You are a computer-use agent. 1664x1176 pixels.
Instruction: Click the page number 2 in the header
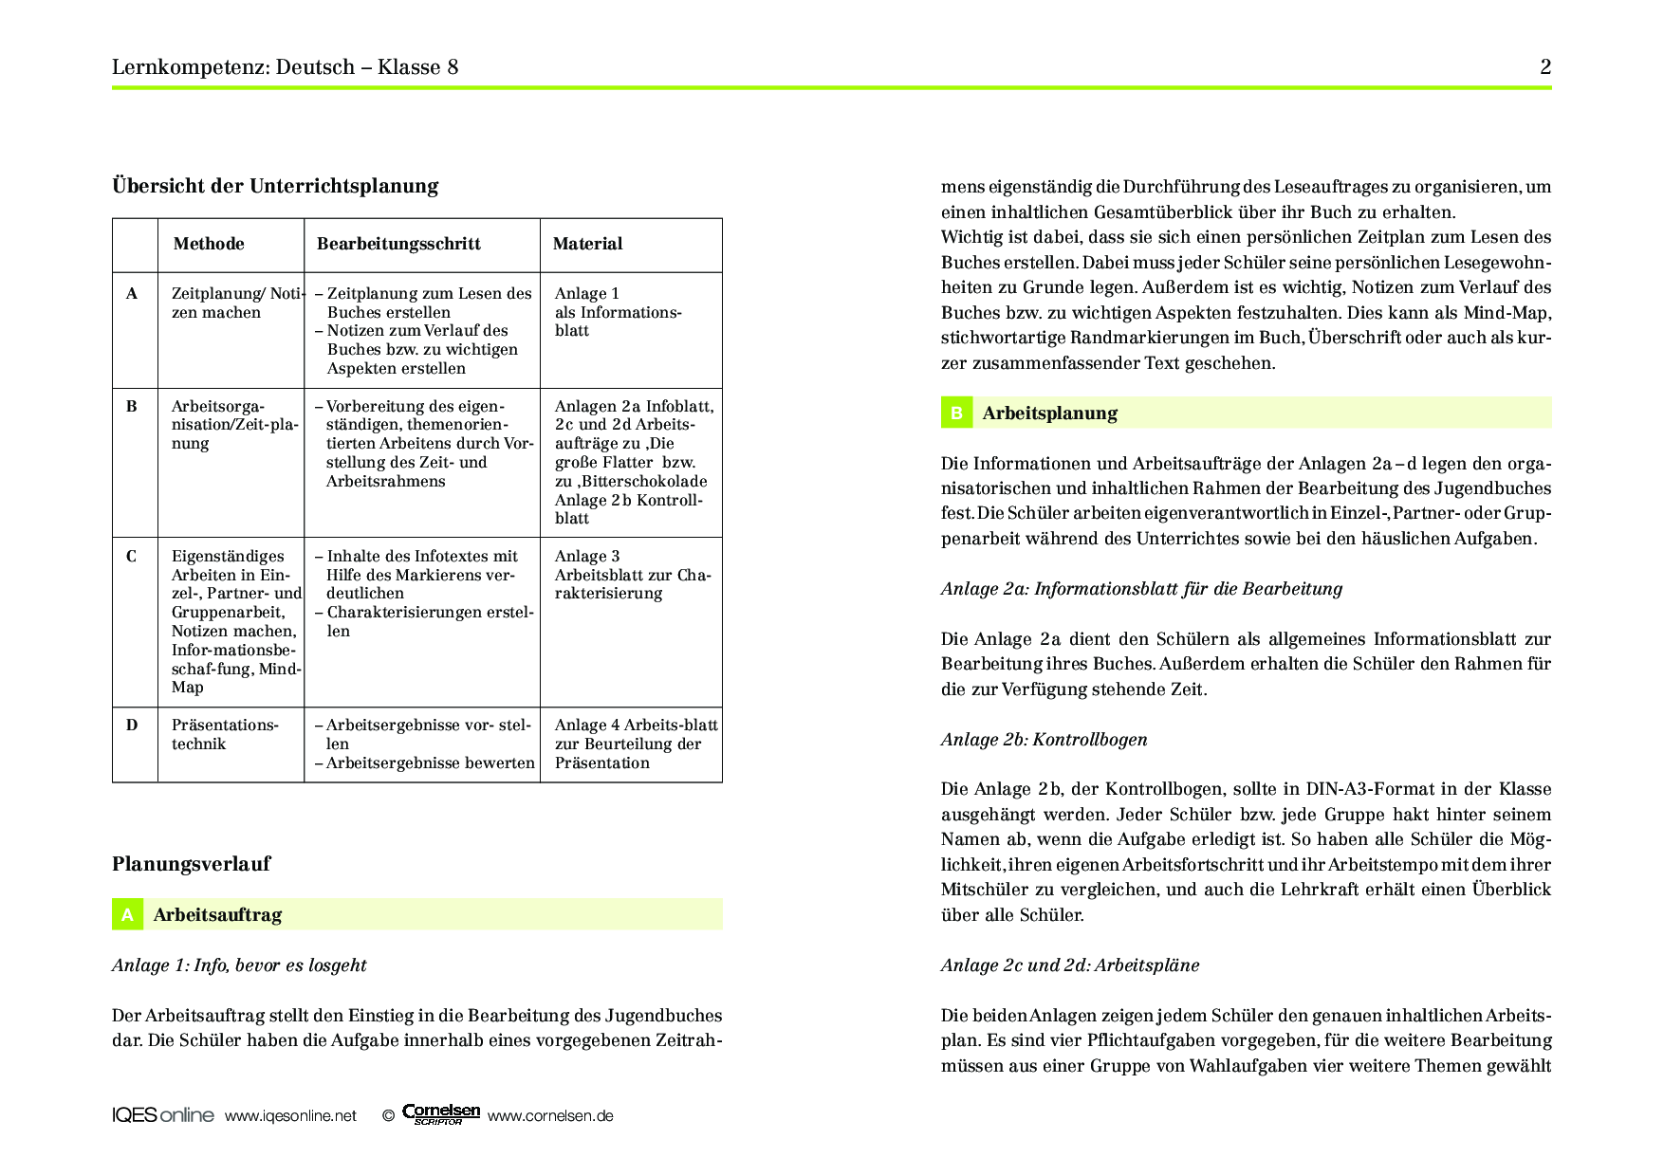(x=1544, y=66)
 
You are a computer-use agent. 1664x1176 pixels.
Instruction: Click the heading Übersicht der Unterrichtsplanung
(x=275, y=186)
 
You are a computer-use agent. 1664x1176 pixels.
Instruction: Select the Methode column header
(x=209, y=244)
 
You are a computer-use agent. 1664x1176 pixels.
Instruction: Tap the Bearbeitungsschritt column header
(x=398, y=244)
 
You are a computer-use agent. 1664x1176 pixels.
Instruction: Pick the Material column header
(x=587, y=244)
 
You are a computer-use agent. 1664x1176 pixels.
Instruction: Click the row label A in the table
(x=132, y=294)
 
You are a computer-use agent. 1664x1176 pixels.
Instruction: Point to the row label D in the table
(x=132, y=726)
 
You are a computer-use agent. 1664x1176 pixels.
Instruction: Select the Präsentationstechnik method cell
(x=225, y=735)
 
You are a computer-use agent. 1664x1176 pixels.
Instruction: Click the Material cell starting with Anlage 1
(x=618, y=312)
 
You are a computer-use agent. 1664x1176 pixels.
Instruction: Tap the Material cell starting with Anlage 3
(x=632, y=575)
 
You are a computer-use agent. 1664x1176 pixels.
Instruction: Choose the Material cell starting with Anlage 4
(x=636, y=744)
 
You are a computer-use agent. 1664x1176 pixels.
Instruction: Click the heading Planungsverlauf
(x=191, y=864)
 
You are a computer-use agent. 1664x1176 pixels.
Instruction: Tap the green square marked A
(x=127, y=915)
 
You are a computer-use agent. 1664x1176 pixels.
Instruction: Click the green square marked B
(x=956, y=413)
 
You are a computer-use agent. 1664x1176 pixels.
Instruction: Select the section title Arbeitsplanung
(x=1049, y=413)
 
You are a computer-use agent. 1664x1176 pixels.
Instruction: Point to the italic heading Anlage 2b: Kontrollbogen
(x=1044, y=740)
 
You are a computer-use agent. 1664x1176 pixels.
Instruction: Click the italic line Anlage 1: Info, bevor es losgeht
(x=239, y=965)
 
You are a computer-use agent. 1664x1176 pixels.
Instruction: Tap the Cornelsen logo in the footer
(x=440, y=1114)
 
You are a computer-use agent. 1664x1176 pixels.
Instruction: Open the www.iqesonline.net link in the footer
(x=290, y=1116)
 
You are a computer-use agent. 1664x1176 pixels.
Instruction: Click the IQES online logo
(x=162, y=1115)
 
